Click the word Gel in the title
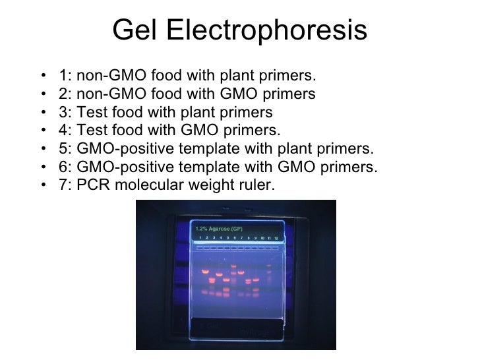click(132, 30)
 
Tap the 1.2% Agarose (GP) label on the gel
click(218, 228)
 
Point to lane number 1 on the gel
click(200, 237)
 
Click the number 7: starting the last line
click(65, 186)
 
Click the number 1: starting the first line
click(65, 75)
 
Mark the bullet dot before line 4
click(43, 131)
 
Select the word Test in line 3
click(92, 112)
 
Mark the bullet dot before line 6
click(43, 167)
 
